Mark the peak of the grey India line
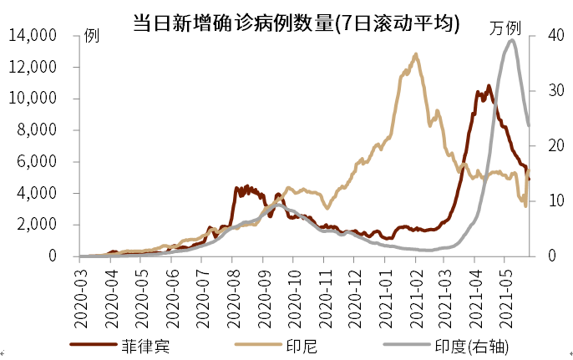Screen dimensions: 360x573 (x=511, y=40)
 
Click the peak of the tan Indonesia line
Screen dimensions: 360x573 (x=415, y=54)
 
